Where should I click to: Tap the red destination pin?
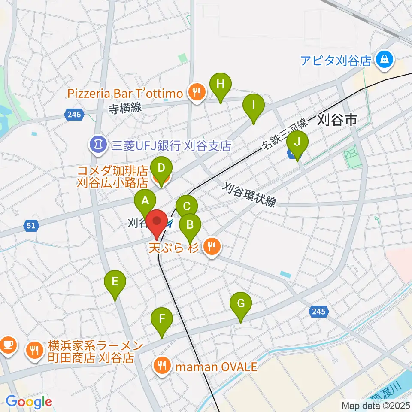(157, 223)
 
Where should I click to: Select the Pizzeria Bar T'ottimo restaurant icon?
(197, 93)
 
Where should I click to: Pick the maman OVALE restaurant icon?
(162, 367)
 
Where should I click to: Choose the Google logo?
(29, 402)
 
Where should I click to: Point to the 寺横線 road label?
(125, 108)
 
